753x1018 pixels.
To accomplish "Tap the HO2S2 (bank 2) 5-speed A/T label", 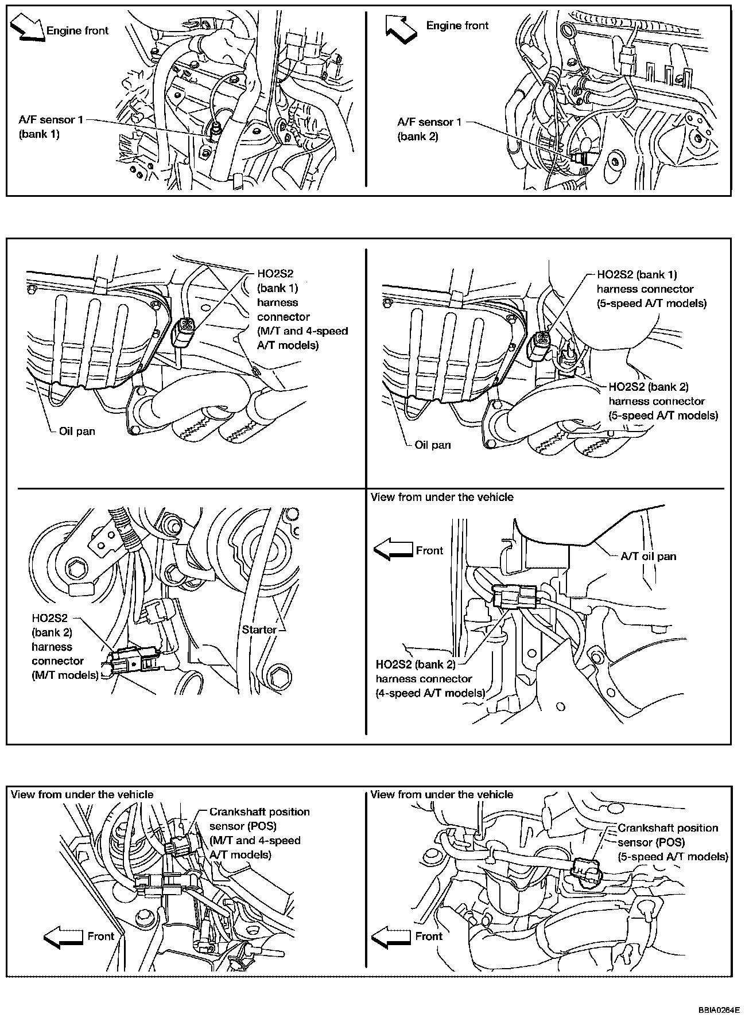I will click(x=663, y=401).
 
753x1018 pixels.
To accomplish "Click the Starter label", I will click(x=259, y=630).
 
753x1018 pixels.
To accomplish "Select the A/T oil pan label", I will click(x=649, y=555).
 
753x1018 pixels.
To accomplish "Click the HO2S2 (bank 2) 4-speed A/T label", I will click(x=430, y=678).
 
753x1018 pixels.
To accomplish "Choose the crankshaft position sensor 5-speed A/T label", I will click(x=672, y=842).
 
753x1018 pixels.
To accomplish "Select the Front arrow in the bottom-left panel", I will click(x=63, y=937).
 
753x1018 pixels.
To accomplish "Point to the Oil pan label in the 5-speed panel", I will click(x=432, y=445).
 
